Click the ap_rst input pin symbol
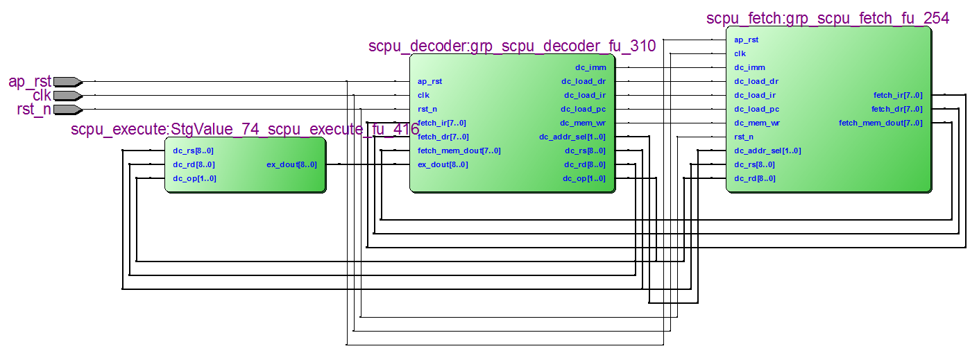(x=68, y=81)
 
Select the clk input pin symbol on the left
(x=68, y=95)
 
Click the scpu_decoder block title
(x=511, y=46)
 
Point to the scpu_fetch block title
(x=827, y=18)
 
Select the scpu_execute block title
(x=244, y=130)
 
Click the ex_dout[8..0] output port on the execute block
(x=291, y=164)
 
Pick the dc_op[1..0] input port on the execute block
(x=194, y=178)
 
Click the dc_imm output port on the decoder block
(x=590, y=67)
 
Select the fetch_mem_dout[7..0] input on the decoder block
(x=459, y=151)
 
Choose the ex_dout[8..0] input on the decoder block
(x=443, y=164)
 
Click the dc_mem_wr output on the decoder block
(x=583, y=123)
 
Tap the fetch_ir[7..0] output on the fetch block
(x=898, y=95)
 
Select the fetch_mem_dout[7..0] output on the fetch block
(x=880, y=123)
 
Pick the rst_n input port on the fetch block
(x=744, y=137)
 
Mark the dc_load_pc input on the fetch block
(x=756, y=109)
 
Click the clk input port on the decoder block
(x=423, y=95)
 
